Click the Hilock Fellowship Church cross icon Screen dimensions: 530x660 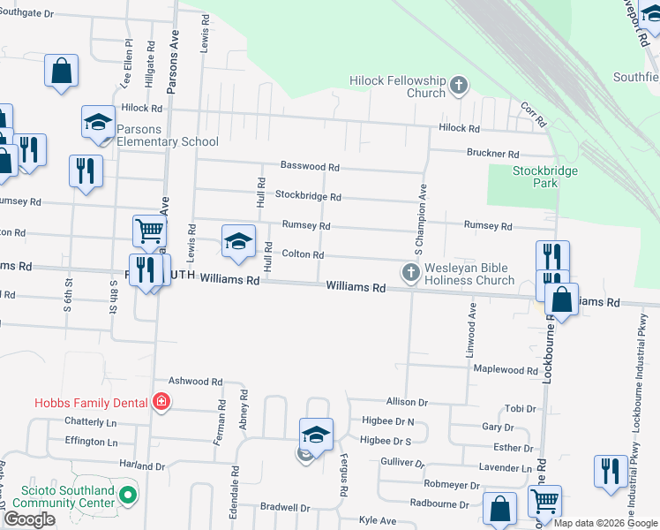click(458, 86)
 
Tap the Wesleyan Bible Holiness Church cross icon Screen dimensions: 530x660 click(410, 273)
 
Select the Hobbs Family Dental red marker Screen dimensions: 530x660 click(161, 403)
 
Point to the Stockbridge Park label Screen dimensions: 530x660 click(536, 177)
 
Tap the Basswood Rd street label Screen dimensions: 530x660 click(310, 166)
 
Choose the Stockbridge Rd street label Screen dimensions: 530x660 click(308, 195)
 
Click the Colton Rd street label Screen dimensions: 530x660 click(303, 254)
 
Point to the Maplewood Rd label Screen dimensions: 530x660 click(506, 370)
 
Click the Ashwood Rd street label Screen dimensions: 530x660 click(195, 381)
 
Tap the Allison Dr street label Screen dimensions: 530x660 click(406, 402)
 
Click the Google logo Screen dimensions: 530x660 click(29, 519)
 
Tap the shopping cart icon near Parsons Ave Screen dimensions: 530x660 click(150, 231)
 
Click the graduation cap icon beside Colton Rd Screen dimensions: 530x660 click(238, 241)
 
